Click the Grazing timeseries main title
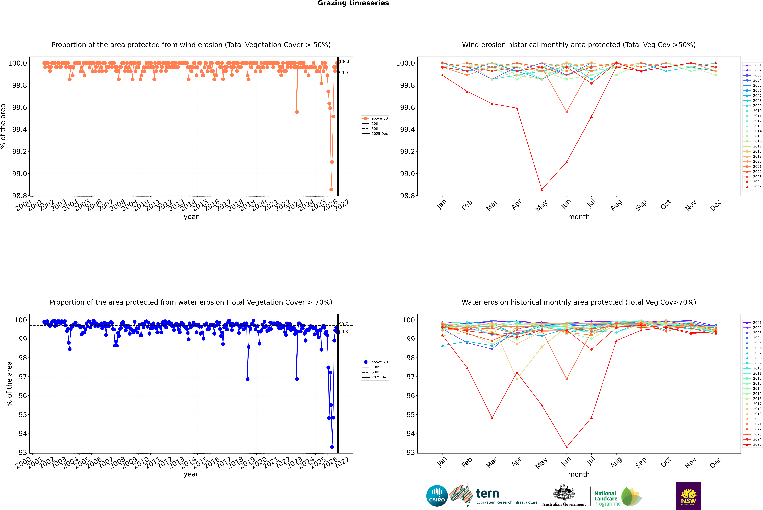click(x=353, y=3)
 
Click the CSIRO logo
click(x=437, y=496)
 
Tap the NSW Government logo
click(x=688, y=496)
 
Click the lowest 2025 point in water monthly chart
click(x=567, y=447)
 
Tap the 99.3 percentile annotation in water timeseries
click(x=343, y=331)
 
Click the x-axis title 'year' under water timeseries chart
click(x=191, y=474)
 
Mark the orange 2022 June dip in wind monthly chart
click(x=567, y=112)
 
